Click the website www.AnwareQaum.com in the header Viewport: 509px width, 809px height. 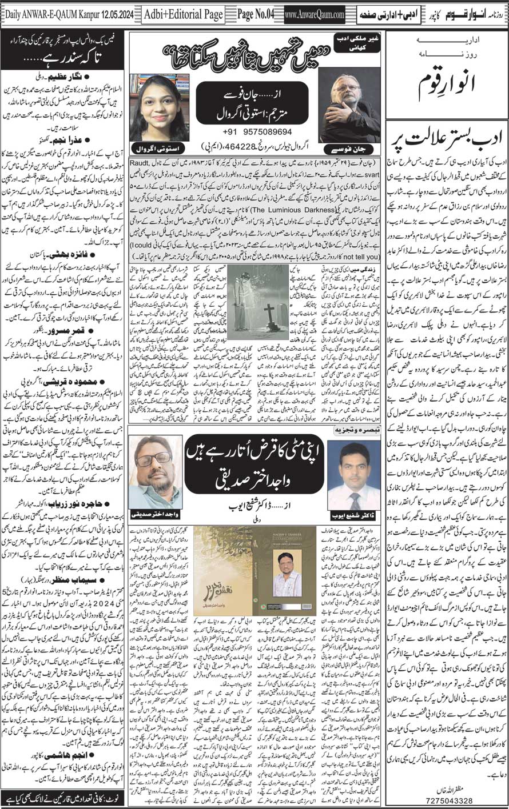[x=314, y=15]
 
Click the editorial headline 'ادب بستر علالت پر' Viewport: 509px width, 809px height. [x=446, y=138]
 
